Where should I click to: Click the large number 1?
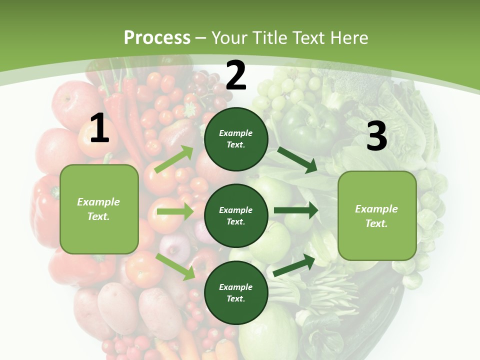pos(99,128)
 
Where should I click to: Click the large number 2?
pos(236,75)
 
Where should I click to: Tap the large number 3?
pos(376,136)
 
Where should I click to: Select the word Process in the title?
pos(157,37)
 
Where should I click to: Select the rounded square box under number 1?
pos(99,209)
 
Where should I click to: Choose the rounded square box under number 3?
pos(377,215)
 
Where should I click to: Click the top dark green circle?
pos(236,139)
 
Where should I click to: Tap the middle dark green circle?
pos(236,215)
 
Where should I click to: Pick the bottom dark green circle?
pos(236,292)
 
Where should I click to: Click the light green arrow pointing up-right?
pos(174,159)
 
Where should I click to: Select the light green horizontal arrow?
pos(175,212)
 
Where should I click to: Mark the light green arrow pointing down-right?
pos(175,266)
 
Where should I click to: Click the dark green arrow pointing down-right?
pos(297,159)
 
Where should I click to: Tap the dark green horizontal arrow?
pos(296,210)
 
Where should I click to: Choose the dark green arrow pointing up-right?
pos(294,265)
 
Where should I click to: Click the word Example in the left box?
pos(98,202)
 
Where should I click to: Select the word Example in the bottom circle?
pos(236,287)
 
